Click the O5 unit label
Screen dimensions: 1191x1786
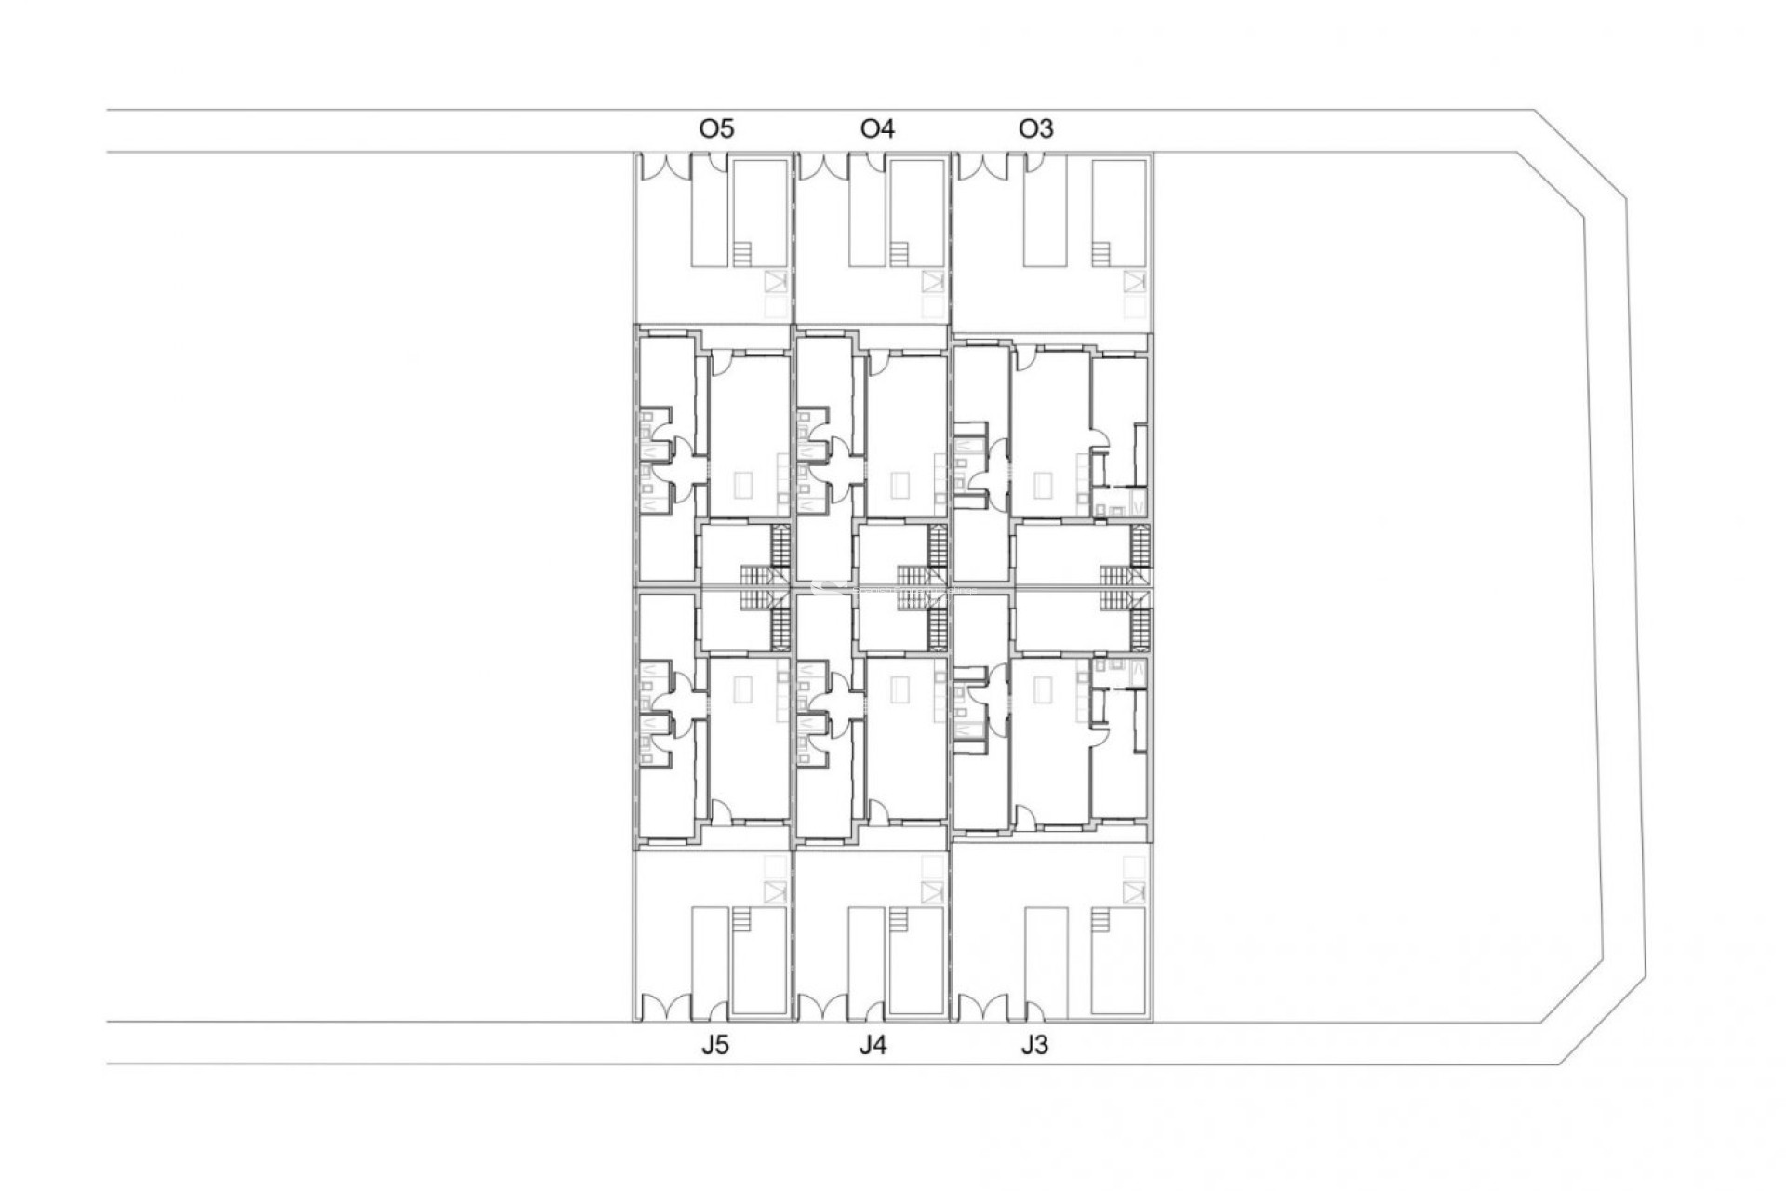coord(716,128)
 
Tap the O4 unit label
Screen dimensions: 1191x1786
coord(877,128)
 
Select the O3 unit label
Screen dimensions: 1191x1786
coord(1035,128)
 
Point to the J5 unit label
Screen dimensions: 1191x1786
coord(714,1045)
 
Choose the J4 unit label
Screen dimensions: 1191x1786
coord(873,1045)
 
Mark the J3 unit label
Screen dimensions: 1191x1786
coord(1033,1045)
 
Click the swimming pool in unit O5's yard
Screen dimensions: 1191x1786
coord(758,214)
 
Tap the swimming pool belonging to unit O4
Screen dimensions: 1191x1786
coord(916,214)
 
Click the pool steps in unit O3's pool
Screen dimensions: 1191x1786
coord(1101,254)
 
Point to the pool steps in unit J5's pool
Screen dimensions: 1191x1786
coord(740,919)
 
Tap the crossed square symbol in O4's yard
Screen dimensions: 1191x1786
coord(932,281)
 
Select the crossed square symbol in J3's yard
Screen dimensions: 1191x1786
coord(1133,893)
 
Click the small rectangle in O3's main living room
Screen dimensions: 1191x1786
coord(1045,485)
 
